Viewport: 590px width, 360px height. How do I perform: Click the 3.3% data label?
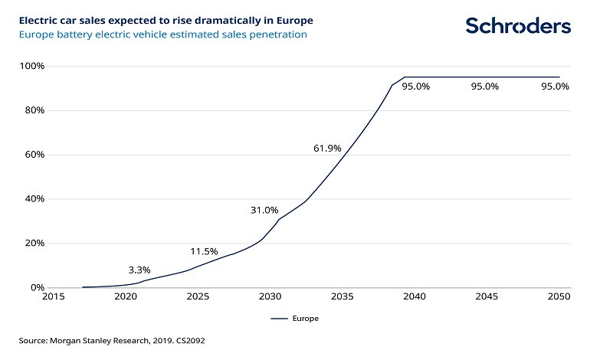click(139, 270)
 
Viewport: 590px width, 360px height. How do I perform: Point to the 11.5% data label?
click(205, 251)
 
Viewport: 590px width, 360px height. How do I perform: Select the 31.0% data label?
click(264, 210)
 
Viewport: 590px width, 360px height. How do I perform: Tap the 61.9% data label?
click(327, 148)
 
